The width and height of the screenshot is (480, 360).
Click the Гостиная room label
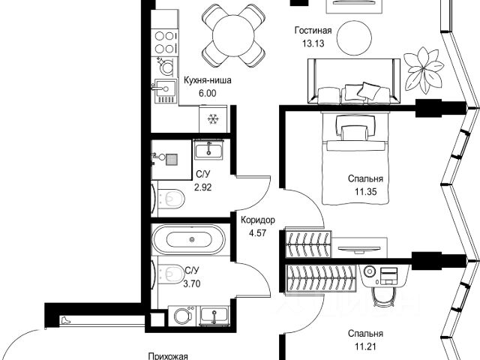[x=313, y=31]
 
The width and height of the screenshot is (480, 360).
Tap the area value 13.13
[x=313, y=43]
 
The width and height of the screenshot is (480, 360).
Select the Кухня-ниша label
[x=208, y=80]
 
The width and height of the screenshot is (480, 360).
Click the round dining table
[x=233, y=36]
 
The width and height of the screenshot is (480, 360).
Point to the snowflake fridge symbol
[x=213, y=119]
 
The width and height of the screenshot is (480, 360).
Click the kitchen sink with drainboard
[x=165, y=91]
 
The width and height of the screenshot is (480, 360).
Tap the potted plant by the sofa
[x=424, y=70]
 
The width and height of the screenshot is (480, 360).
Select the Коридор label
[x=258, y=220]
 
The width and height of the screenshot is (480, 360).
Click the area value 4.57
[x=257, y=233]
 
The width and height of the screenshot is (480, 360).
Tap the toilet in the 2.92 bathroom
[x=169, y=198]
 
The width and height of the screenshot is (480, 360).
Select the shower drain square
[x=172, y=159]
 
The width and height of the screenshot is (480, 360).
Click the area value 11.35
[x=365, y=192]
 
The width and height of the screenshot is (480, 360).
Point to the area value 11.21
[x=365, y=346]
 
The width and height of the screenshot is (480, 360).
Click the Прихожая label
[x=168, y=357]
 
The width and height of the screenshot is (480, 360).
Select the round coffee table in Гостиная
[x=354, y=38]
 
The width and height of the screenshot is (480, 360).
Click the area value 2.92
[x=203, y=187]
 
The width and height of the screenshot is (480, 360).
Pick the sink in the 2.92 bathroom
[x=208, y=149]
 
